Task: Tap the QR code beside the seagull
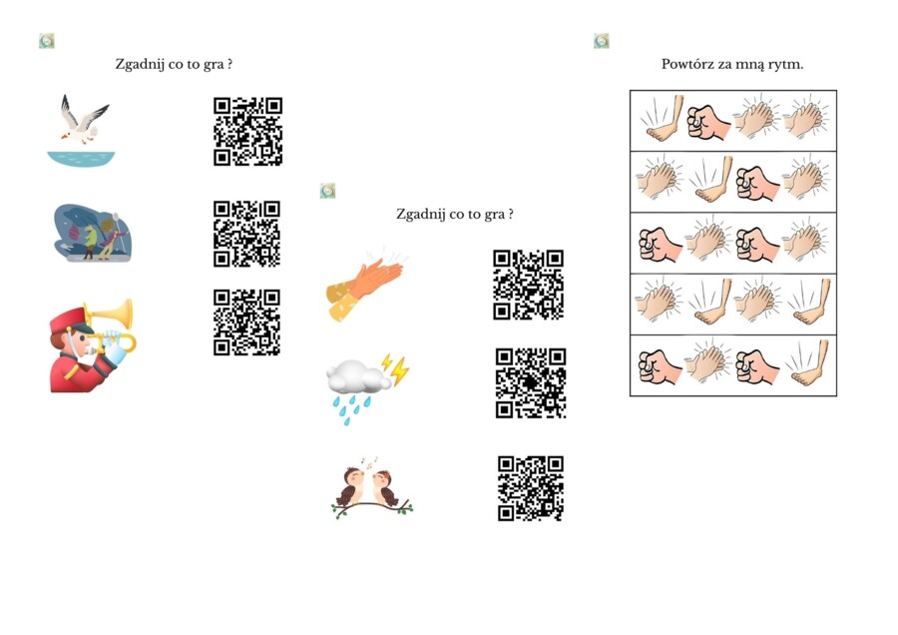tap(248, 131)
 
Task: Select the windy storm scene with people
tap(93, 233)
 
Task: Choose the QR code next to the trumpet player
tap(246, 322)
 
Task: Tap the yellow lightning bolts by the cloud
tap(396, 369)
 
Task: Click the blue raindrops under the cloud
tap(351, 408)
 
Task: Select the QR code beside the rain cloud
tap(531, 382)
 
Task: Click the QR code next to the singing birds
tap(531, 488)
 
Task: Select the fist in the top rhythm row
tap(708, 122)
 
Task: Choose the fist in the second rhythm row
tap(757, 183)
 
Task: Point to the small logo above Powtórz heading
tap(602, 41)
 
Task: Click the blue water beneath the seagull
tap(82, 159)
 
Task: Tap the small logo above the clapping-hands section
tap(327, 191)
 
